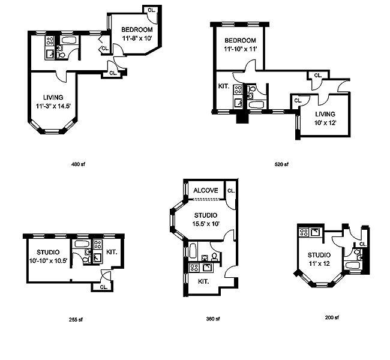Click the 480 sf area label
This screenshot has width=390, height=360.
[74, 164]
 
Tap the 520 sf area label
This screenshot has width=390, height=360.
[283, 164]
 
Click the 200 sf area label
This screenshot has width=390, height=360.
[332, 317]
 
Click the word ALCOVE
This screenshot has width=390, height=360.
[206, 191]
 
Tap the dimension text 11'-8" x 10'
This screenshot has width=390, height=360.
[137, 38]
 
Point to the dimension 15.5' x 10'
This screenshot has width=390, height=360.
[206, 223]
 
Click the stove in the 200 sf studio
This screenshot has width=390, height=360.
[304, 232]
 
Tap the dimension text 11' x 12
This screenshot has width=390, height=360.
[319, 263]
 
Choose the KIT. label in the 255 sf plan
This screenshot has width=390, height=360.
[112, 252]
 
